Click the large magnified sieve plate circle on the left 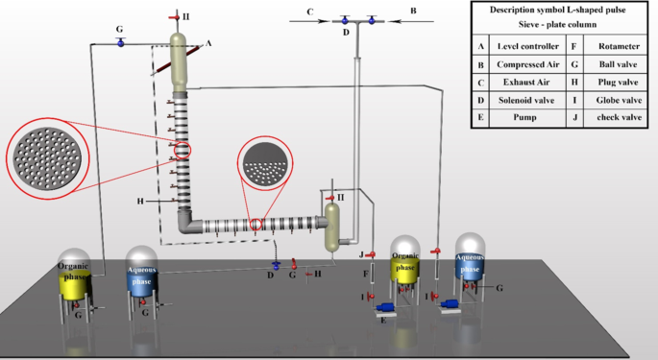pos(46,156)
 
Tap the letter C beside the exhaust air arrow pos(309,12)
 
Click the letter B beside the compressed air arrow pos(413,12)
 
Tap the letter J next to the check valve pos(362,254)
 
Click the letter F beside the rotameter pos(365,275)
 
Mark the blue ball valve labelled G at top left pos(120,44)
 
